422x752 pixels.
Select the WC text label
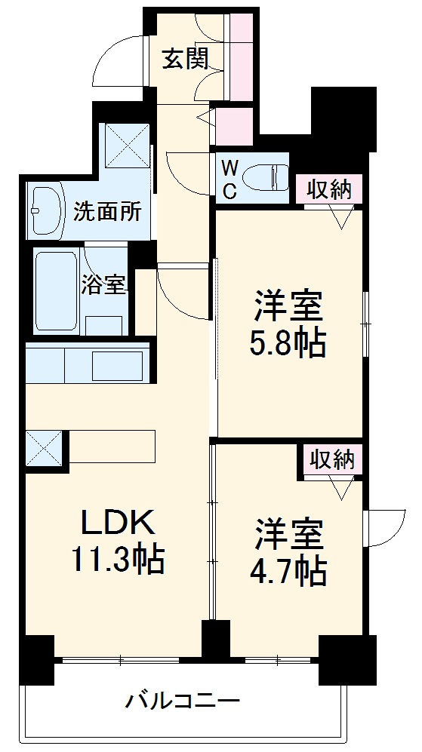(230, 178)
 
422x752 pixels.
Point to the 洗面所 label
(108, 212)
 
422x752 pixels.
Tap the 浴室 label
(103, 286)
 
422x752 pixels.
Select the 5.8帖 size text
(288, 344)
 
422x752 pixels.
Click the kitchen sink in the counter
(118, 366)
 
